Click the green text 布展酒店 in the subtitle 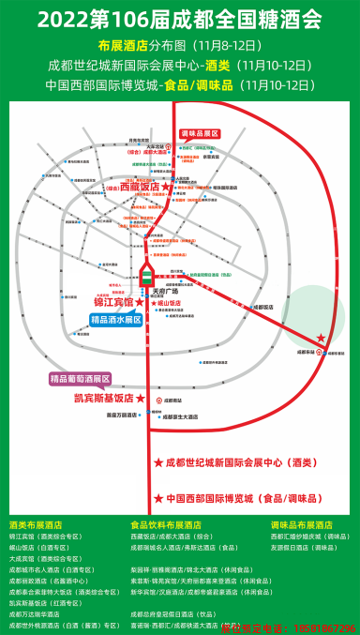122,45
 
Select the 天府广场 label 164,291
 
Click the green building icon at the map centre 146,276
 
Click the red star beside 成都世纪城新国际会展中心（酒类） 157,463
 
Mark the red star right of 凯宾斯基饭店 141,398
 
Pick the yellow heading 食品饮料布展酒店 166,524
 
